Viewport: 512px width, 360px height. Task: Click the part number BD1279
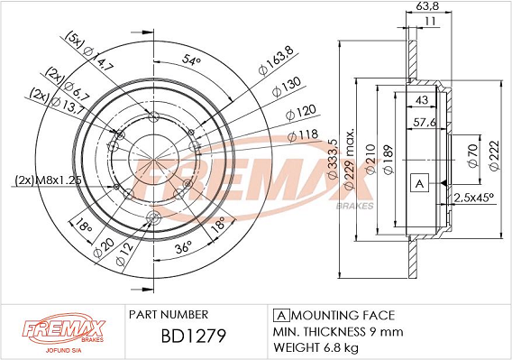pyautogui.click(x=193, y=336)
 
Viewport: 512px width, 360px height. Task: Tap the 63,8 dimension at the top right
pyautogui.click(x=428, y=6)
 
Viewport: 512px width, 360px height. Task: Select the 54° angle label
pyautogui.click(x=191, y=60)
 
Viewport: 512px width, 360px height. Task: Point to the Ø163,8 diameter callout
pyautogui.click(x=276, y=60)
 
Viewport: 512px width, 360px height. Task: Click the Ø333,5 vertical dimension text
pyautogui.click(x=332, y=159)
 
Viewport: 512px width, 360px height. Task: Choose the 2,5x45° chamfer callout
pyautogui.click(x=473, y=198)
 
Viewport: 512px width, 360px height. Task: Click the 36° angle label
pyautogui.click(x=183, y=247)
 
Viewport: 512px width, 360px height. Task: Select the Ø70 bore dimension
pyautogui.click(x=473, y=155)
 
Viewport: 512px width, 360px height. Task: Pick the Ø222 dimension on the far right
pyautogui.click(x=494, y=155)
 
